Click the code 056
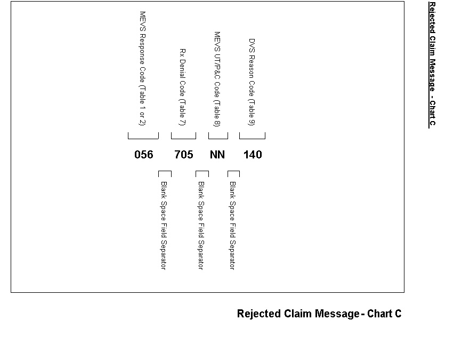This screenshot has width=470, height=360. [143, 155]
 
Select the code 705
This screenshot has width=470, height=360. [184, 155]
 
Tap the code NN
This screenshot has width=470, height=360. [217, 155]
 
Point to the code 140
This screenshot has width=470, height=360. [253, 155]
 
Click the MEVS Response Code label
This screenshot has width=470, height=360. [142, 68]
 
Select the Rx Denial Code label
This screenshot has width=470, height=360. [182, 87]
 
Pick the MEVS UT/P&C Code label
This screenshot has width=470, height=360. [217, 79]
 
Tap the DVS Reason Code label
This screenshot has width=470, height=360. [252, 82]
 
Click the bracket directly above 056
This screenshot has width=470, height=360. [143, 136]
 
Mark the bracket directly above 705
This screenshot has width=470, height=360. [183, 136]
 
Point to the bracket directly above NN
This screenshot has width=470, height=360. [218, 136]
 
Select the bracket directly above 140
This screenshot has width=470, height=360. [252, 136]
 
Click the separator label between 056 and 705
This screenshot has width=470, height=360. [164, 226]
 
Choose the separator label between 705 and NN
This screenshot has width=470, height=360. [201, 226]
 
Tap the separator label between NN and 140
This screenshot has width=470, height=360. [232, 226]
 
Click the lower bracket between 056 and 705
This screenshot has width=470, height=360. [165, 174]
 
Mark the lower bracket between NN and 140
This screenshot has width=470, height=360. [233, 174]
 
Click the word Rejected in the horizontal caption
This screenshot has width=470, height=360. [259, 314]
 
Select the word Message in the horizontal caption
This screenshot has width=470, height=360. [337, 314]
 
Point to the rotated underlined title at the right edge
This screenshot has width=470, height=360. [432, 64]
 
